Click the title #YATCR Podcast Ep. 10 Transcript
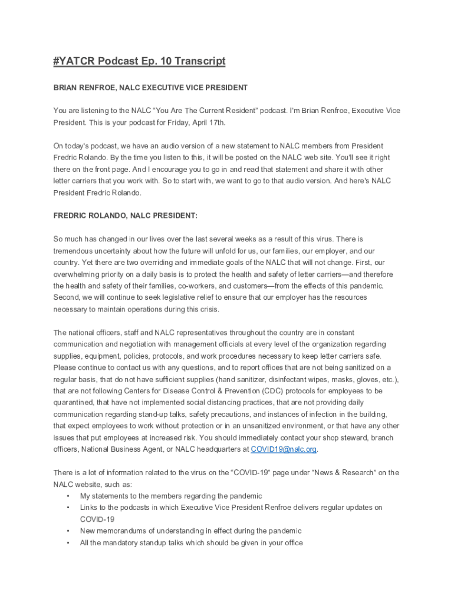[139, 62]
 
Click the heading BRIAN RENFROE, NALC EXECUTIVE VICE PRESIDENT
[150, 88]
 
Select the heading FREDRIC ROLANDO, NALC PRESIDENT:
[126, 216]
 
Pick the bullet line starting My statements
[171, 496]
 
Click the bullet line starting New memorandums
[190, 531]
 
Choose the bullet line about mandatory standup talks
[191, 543]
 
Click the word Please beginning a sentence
[65, 367]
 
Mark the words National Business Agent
[127, 449]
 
